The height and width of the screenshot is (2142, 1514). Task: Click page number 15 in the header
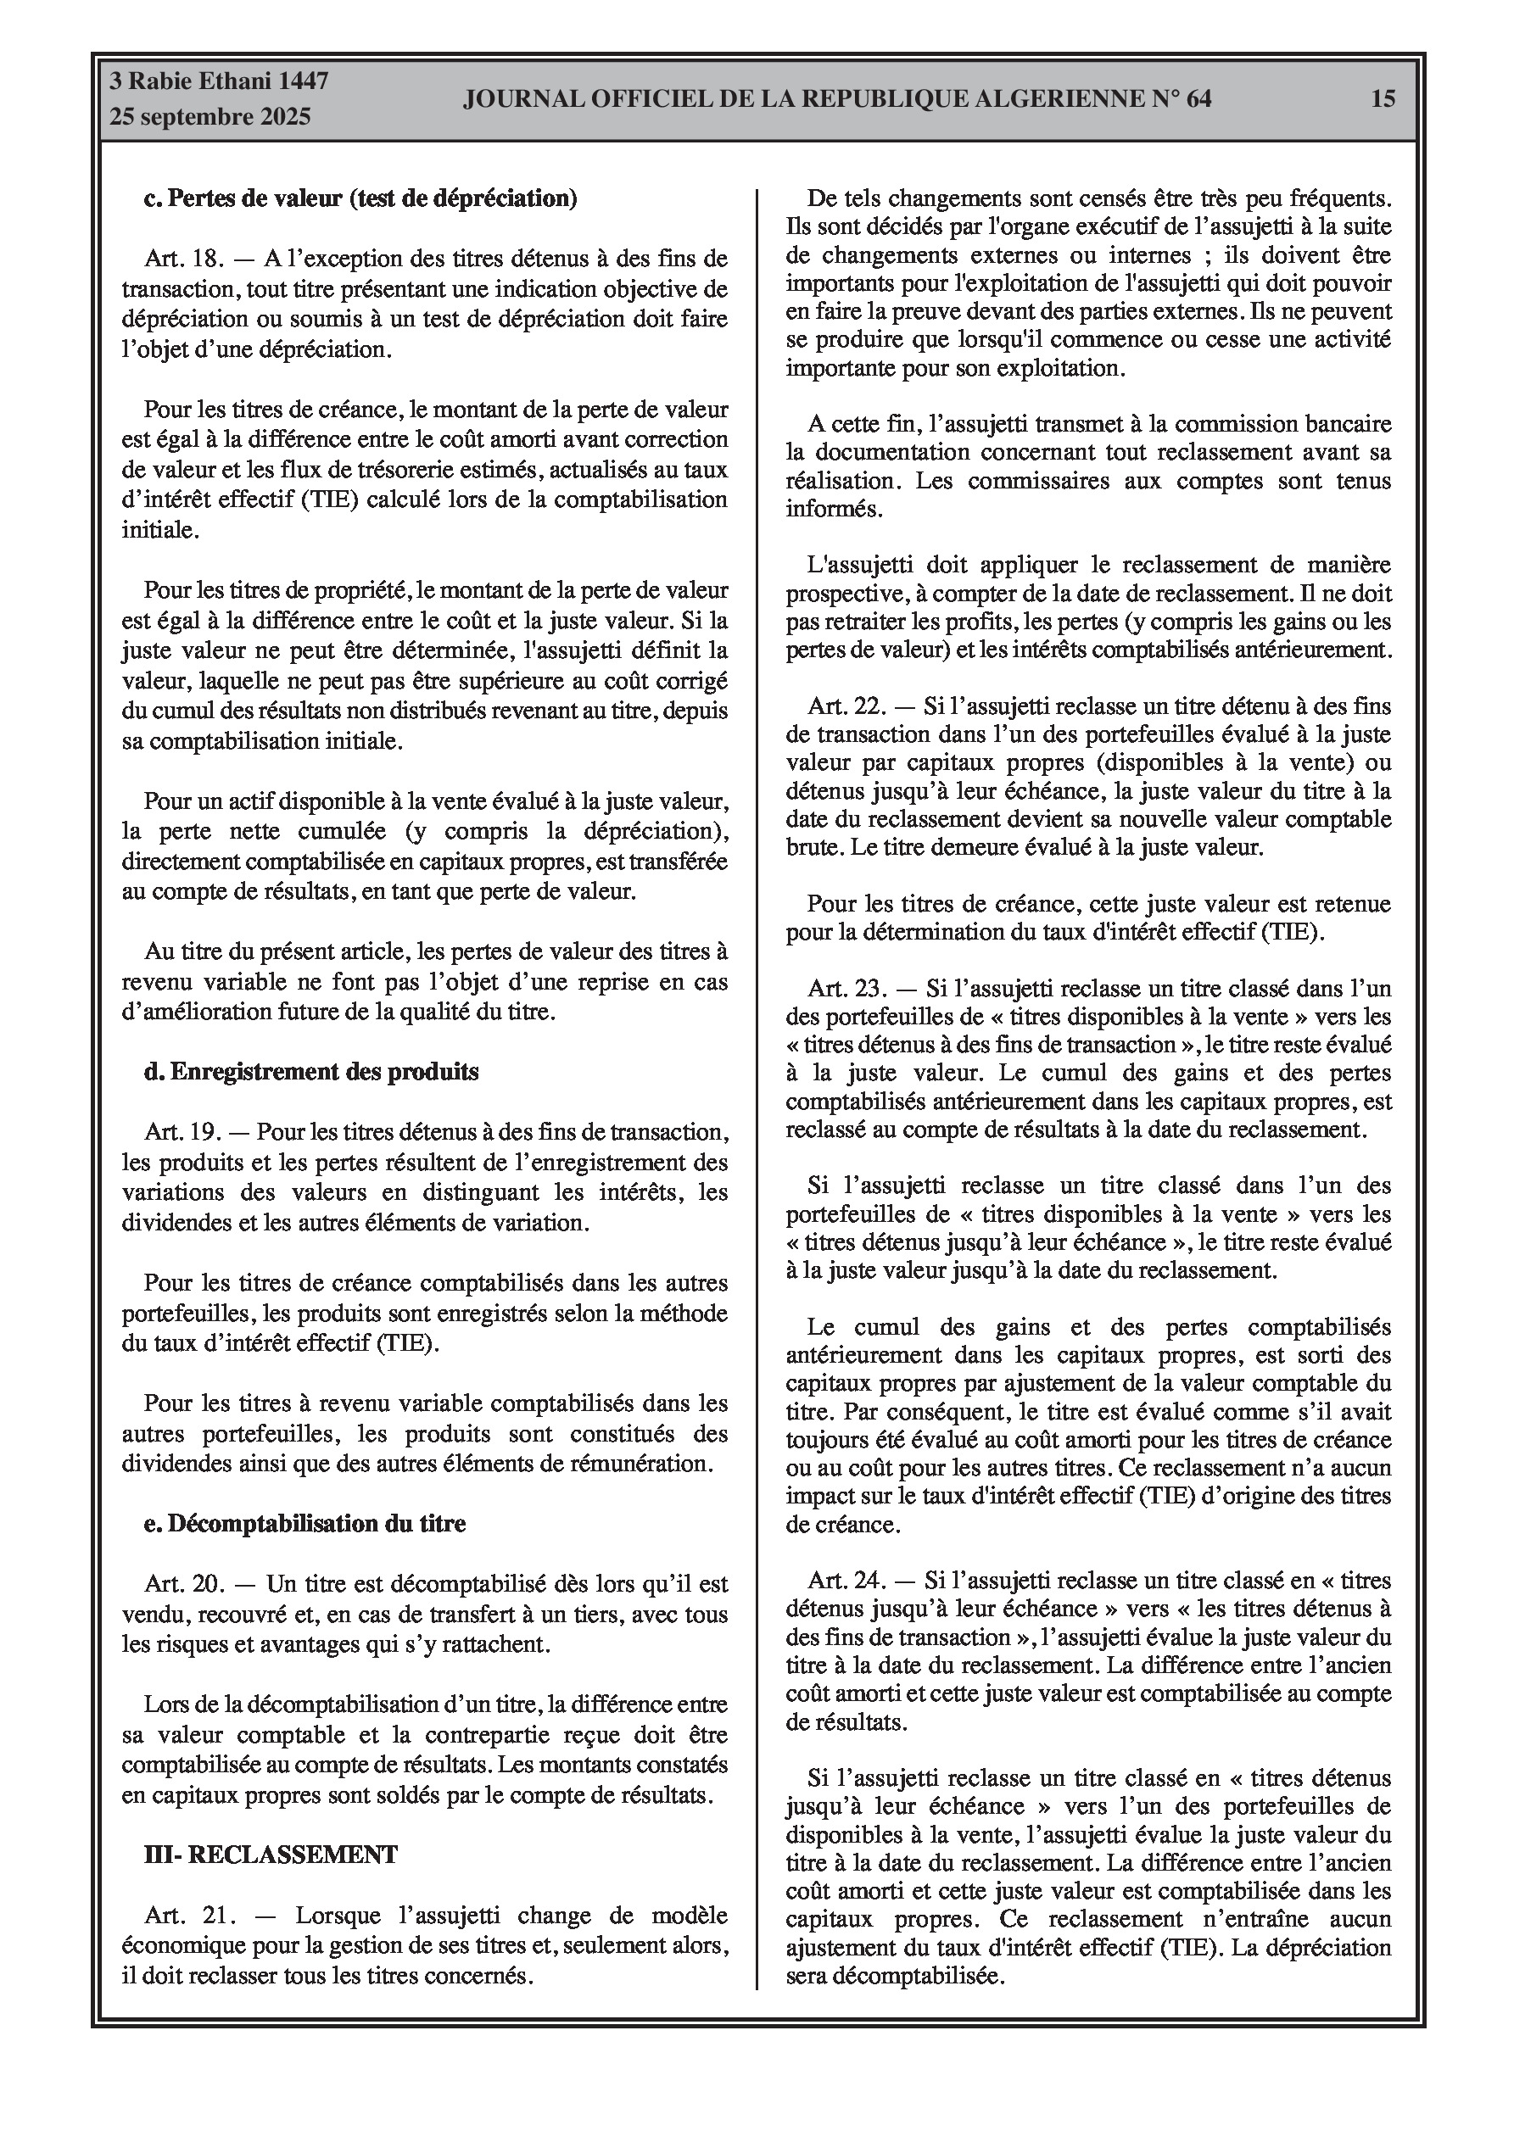click(1383, 99)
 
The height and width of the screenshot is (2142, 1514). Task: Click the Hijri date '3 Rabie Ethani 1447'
click(220, 81)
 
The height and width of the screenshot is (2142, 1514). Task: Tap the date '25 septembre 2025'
click(210, 118)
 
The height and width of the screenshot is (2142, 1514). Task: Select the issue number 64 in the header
click(1198, 99)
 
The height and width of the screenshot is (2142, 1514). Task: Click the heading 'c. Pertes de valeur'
click(360, 198)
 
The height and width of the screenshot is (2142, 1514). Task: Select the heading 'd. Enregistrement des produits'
click(310, 1072)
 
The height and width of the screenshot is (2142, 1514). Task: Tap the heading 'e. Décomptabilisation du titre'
click(304, 1524)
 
